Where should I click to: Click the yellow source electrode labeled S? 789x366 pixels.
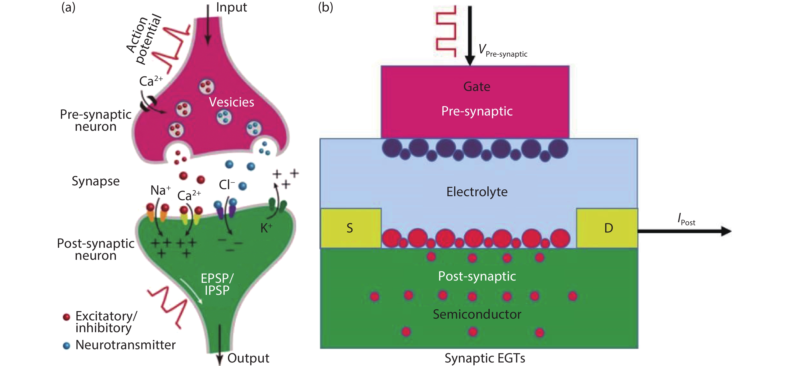click(x=350, y=228)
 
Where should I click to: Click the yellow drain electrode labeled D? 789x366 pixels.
click(x=608, y=228)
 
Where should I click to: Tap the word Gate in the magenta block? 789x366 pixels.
click(x=477, y=87)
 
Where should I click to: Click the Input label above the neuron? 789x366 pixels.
click(x=231, y=7)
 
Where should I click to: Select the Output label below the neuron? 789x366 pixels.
click(x=248, y=358)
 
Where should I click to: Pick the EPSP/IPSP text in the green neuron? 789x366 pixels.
click(x=217, y=284)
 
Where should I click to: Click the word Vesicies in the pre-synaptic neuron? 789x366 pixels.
click(x=231, y=102)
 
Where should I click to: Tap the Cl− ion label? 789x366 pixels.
click(x=227, y=185)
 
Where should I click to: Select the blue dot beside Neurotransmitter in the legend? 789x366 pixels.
click(x=66, y=345)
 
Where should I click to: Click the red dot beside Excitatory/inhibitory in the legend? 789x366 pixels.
click(x=66, y=317)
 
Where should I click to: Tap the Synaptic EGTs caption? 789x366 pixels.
click(x=485, y=358)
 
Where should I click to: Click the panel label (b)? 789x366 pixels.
click(x=325, y=7)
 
